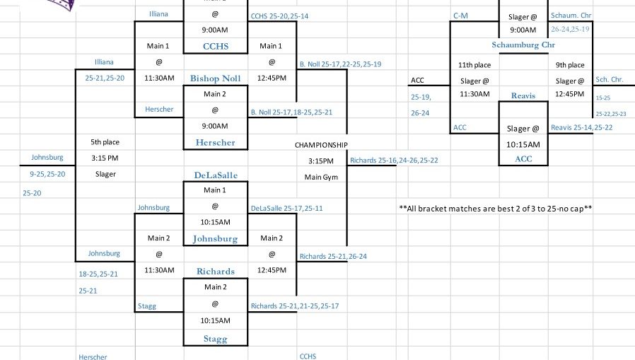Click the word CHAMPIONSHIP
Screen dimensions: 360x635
click(x=321, y=145)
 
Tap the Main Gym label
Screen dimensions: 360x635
click(x=321, y=177)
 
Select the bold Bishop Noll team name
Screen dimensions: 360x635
click(x=215, y=78)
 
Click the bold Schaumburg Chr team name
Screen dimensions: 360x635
click(x=523, y=45)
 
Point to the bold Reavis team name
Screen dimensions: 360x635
click(x=523, y=95)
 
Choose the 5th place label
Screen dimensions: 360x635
click(x=105, y=141)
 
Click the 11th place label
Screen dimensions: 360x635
click(x=474, y=65)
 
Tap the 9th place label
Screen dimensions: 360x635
click(x=570, y=65)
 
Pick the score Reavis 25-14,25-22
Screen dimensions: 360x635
click(x=581, y=127)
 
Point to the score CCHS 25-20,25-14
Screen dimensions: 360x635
click(x=279, y=16)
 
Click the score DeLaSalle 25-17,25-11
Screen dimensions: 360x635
click(x=286, y=209)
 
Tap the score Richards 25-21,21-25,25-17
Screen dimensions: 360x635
click(x=294, y=306)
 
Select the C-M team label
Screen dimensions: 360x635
click(x=460, y=15)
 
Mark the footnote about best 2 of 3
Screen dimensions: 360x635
click(x=495, y=209)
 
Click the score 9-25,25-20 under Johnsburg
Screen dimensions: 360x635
click(x=47, y=174)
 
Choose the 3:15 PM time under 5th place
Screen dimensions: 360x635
click(x=105, y=158)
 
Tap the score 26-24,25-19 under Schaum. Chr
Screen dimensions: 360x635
click(x=570, y=30)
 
